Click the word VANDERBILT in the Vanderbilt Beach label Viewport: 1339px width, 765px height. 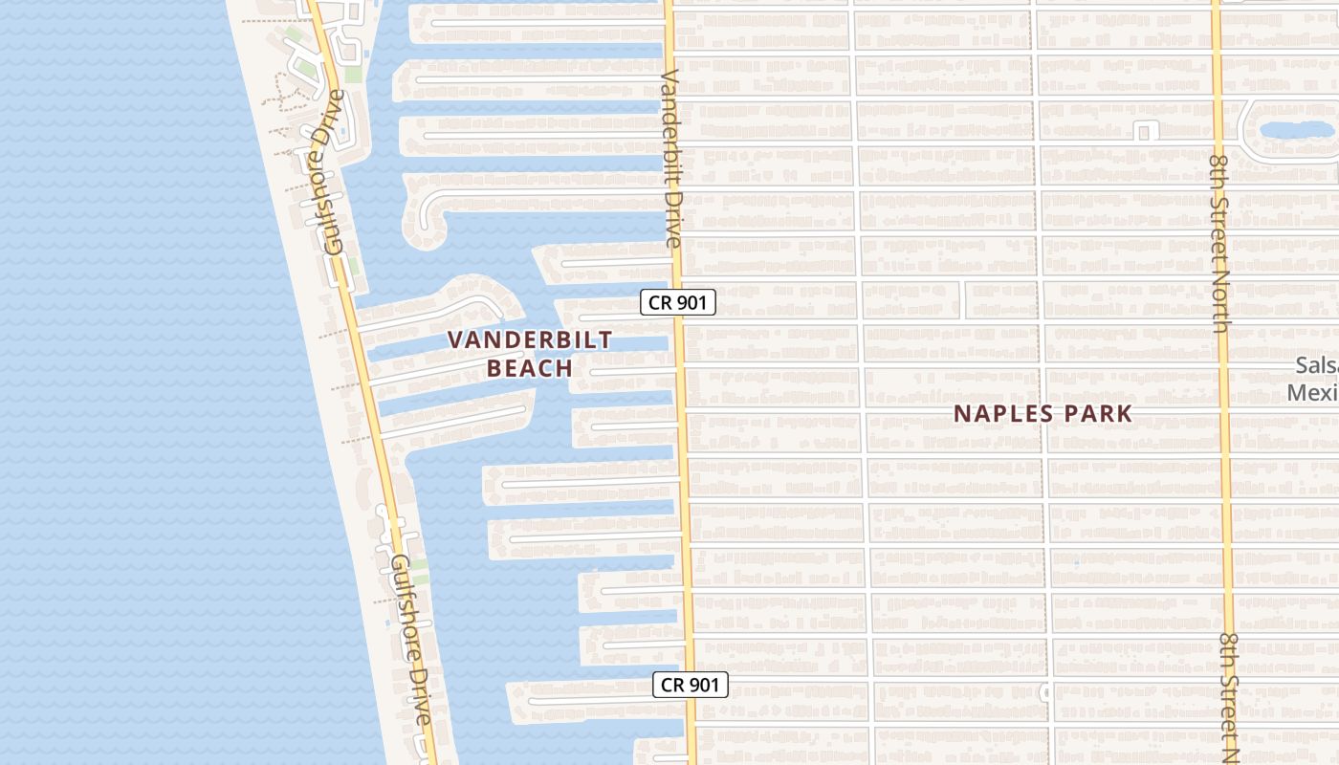coord(530,340)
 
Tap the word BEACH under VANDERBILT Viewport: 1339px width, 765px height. coord(530,368)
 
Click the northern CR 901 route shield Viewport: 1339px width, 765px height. coord(678,303)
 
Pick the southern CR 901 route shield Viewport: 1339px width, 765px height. coord(691,685)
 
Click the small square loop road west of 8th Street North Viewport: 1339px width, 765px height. coord(1144,131)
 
